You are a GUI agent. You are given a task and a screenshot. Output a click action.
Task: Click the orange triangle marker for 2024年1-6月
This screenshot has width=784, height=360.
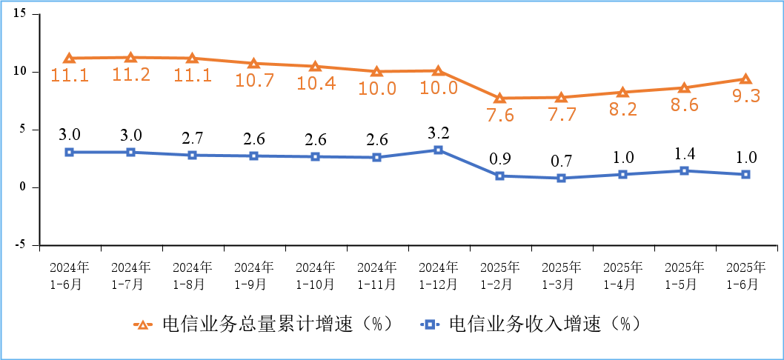[69, 59]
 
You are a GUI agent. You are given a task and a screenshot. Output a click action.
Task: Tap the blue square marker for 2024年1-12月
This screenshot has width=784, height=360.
[438, 150]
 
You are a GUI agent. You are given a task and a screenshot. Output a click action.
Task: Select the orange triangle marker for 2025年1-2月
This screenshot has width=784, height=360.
[499, 98]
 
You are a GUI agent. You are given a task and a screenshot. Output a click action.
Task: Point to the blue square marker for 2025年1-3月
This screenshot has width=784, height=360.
[561, 178]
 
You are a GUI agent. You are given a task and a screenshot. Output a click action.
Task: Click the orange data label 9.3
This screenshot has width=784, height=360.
[745, 96]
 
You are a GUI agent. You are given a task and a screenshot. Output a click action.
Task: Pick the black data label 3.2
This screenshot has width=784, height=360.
[438, 133]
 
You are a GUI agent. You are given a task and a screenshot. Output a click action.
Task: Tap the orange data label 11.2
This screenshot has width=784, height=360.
[130, 75]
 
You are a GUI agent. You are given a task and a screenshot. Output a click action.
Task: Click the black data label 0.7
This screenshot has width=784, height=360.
[561, 161]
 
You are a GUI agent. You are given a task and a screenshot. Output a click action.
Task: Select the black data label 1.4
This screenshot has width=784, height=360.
[684, 153]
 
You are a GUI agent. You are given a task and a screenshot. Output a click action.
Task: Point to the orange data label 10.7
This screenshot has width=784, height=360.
[254, 81]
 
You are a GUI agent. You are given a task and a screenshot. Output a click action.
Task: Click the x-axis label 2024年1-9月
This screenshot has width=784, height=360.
[254, 275]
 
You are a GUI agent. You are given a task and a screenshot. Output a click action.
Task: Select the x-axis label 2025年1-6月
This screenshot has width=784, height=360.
[745, 275]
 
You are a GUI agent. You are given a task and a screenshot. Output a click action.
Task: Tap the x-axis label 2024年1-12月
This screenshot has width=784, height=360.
[438, 275]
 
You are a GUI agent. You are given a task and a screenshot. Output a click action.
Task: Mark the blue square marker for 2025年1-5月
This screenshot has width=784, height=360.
[684, 170]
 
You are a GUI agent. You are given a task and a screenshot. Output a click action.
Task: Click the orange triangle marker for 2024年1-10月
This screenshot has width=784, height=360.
[315, 67]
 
